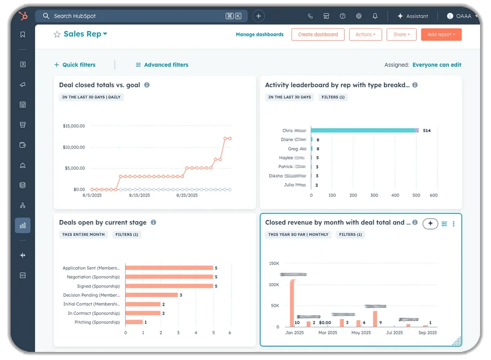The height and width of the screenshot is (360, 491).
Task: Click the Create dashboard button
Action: click(x=318, y=34)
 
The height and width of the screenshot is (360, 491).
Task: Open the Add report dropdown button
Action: click(x=441, y=34)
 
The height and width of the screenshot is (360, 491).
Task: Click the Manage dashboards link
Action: click(x=260, y=34)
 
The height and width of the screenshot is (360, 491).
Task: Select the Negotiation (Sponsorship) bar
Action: click(x=169, y=277)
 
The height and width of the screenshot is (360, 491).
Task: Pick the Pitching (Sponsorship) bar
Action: click(x=134, y=322)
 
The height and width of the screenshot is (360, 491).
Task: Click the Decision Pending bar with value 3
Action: click(x=151, y=295)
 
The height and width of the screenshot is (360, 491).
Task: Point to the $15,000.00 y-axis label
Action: click(x=74, y=126)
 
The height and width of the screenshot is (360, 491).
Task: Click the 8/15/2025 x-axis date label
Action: click(x=139, y=195)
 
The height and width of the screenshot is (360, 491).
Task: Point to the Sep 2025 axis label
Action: click(x=427, y=333)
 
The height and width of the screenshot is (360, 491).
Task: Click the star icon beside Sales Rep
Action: click(x=57, y=34)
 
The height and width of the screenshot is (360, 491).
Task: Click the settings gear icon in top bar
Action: click(x=359, y=16)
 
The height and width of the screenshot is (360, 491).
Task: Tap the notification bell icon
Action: click(x=375, y=16)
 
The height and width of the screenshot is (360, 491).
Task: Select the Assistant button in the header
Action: click(x=413, y=16)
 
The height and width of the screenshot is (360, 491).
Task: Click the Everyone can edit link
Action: click(x=436, y=65)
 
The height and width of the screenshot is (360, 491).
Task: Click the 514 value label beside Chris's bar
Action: click(x=427, y=131)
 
